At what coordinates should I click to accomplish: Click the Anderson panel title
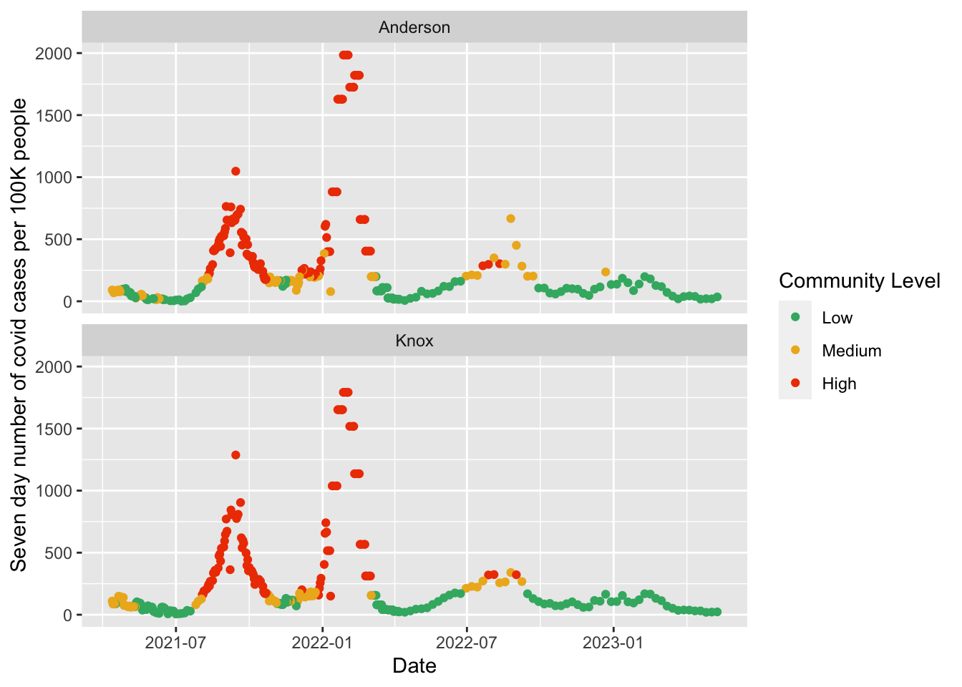[x=414, y=27]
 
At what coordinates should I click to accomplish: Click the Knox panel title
[x=414, y=341]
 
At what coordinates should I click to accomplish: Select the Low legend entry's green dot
[x=795, y=317]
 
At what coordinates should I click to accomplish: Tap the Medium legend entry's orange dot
[x=795, y=350]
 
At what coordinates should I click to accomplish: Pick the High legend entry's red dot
[x=795, y=383]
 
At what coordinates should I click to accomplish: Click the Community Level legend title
[x=859, y=281]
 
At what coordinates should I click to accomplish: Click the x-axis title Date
[x=414, y=666]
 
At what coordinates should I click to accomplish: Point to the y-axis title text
[x=19, y=335]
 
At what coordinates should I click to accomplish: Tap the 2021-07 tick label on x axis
[x=175, y=643]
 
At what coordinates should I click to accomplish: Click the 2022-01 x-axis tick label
[x=322, y=643]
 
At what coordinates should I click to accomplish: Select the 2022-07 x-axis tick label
[x=467, y=643]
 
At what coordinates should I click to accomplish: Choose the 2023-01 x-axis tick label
[x=613, y=643]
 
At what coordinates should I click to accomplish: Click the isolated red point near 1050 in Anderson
[x=235, y=171]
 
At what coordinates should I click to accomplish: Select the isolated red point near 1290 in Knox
[x=235, y=455]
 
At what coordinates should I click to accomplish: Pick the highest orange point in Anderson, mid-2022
[x=510, y=218]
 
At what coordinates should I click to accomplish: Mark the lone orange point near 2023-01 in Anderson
[x=606, y=272]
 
